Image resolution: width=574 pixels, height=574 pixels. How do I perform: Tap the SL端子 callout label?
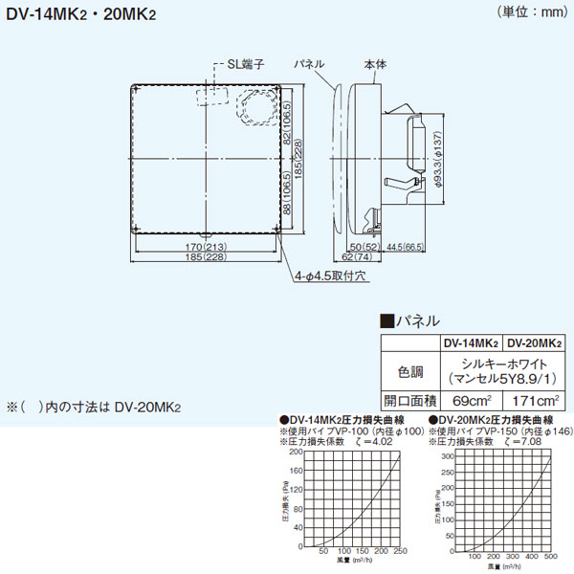(x=239, y=63)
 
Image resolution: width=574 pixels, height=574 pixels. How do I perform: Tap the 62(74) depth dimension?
(x=362, y=258)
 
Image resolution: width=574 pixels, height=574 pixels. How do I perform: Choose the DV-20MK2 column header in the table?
(x=533, y=342)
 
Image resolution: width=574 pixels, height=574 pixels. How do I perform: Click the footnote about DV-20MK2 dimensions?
(x=94, y=407)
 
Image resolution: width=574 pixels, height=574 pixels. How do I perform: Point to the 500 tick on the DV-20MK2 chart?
(x=553, y=556)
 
